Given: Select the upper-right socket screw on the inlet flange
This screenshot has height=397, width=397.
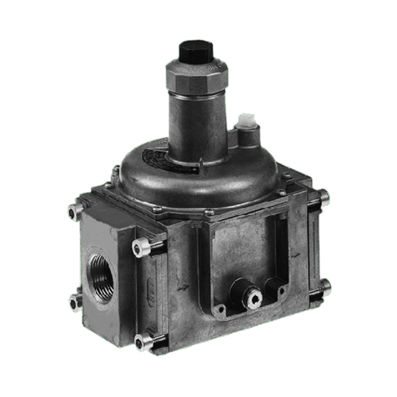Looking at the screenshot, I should click(140, 249).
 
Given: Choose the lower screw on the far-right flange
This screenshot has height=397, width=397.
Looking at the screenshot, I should click(325, 285).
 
